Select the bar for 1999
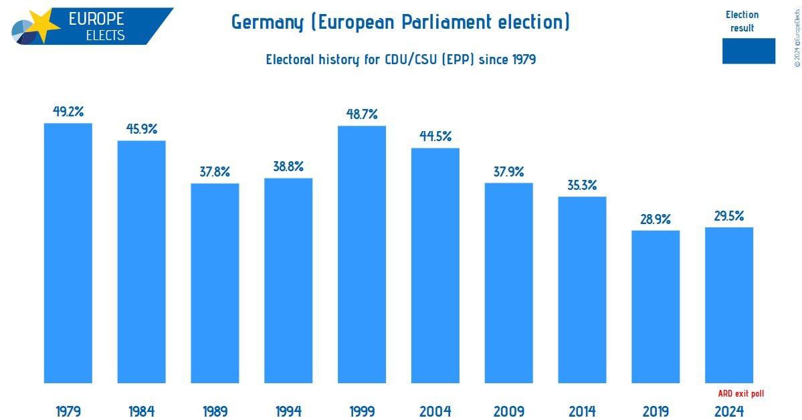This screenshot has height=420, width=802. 362,254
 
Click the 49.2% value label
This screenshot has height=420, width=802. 68,112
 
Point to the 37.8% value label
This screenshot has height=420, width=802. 215,172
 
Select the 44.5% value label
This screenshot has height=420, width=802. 435,136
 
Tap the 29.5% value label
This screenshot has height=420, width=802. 729,216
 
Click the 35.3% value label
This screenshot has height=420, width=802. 582,185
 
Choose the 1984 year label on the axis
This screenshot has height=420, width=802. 142,411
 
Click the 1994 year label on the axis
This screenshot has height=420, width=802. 288,411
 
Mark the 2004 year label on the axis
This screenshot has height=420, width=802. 435,411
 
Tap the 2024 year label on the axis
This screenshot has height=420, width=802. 729,411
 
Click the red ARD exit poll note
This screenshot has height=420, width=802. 740,394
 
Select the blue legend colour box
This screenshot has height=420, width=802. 748,51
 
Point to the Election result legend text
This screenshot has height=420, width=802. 742,21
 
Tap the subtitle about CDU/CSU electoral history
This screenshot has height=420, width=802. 401,60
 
